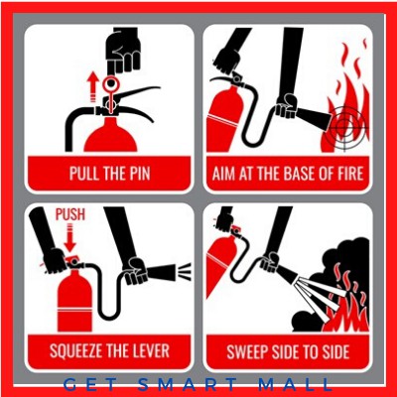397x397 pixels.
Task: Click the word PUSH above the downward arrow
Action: (70, 214)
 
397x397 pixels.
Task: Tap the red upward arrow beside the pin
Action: (93, 87)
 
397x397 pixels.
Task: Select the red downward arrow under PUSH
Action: (70, 237)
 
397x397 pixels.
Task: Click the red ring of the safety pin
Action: (110, 83)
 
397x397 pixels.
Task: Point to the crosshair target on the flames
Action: (344, 127)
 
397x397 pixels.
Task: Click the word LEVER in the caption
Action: (152, 350)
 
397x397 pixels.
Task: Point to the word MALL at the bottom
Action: (295, 385)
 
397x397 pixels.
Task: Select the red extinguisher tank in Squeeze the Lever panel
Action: (74, 301)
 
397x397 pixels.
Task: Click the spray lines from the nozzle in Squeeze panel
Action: (185, 271)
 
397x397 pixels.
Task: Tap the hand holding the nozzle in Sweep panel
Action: (269, 262)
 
